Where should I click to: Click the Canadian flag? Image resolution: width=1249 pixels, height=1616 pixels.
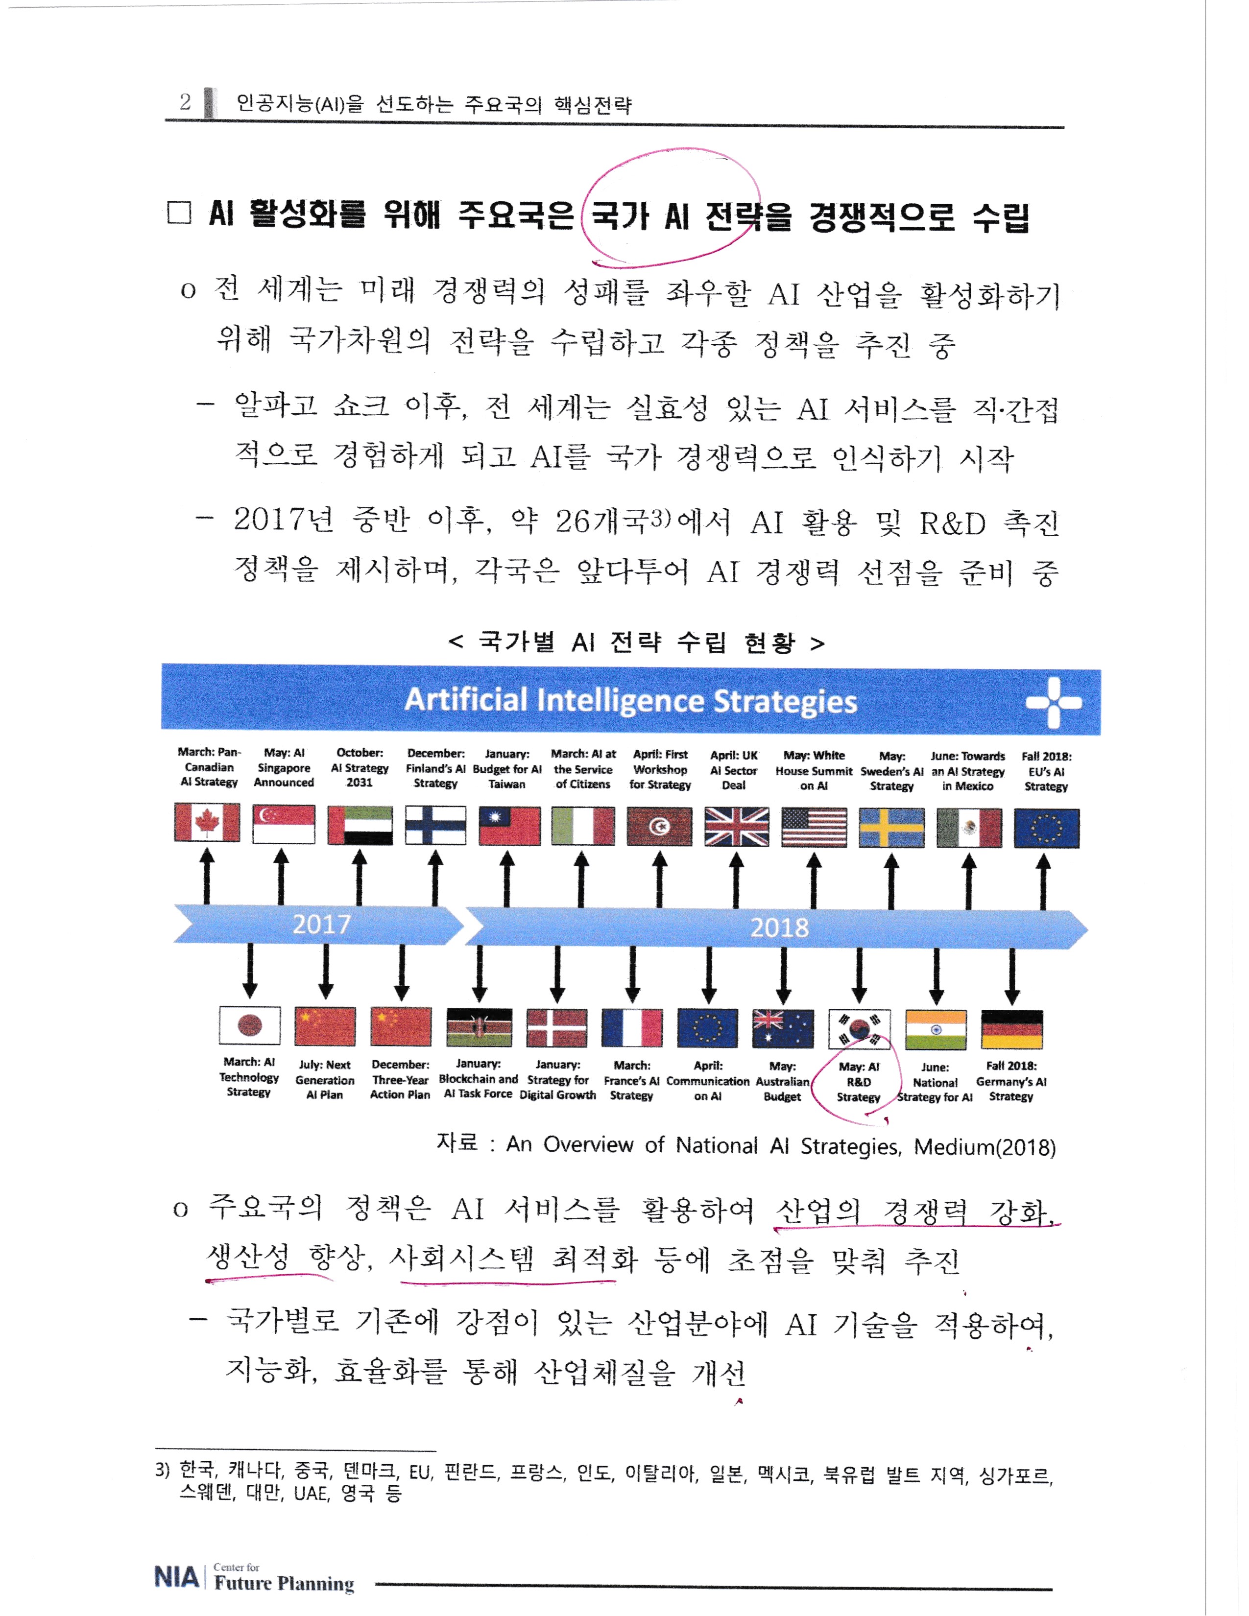pos(207,823)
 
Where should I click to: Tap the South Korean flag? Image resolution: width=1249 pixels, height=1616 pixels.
pos(859,1029)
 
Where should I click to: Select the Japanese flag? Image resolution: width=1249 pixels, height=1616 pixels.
pos(249,1026)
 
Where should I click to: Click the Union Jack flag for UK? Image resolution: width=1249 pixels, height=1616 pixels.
pos(736,826)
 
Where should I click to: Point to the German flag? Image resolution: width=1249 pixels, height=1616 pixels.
pos(1011,1029)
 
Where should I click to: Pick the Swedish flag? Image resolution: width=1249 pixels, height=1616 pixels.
pos(891,827)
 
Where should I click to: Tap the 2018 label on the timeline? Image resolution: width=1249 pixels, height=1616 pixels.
pos(779,927)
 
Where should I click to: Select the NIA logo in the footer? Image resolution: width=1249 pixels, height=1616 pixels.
pos(176,1577)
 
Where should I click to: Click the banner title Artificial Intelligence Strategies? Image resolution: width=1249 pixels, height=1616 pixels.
pos(630,700)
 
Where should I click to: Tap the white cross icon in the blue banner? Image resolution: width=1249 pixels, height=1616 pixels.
pos(1054,702)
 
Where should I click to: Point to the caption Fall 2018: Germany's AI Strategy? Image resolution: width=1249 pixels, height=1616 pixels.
pos(1011,1081)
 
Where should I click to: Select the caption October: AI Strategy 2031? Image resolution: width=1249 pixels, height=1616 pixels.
pos(360,767)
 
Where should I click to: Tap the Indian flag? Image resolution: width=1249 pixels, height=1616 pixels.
pos(935,1029)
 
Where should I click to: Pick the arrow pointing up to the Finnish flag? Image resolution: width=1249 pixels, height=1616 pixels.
pos(436,879)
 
